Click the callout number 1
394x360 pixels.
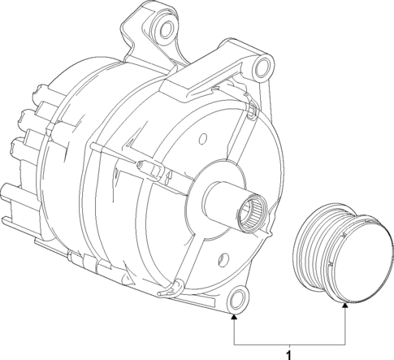click(288, 353)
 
